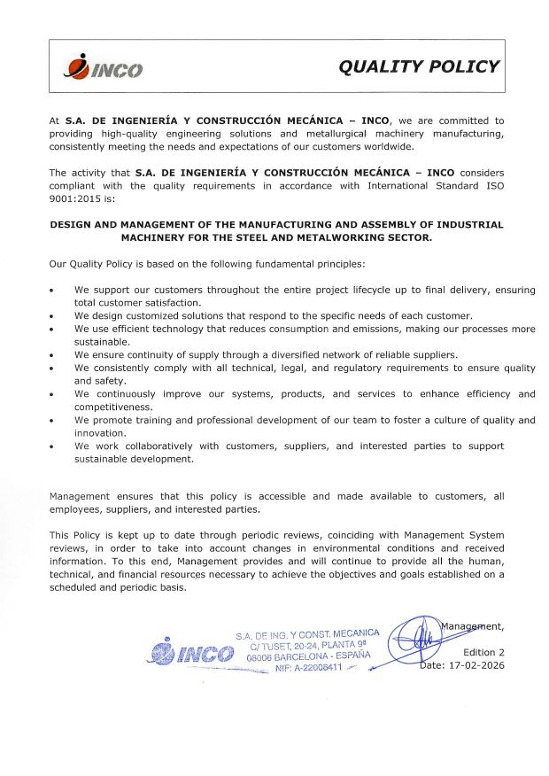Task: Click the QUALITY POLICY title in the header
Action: click(x=420, y=66)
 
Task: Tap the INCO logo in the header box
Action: click(x=104, y=67)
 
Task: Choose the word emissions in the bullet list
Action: click(x=344, y=328)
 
